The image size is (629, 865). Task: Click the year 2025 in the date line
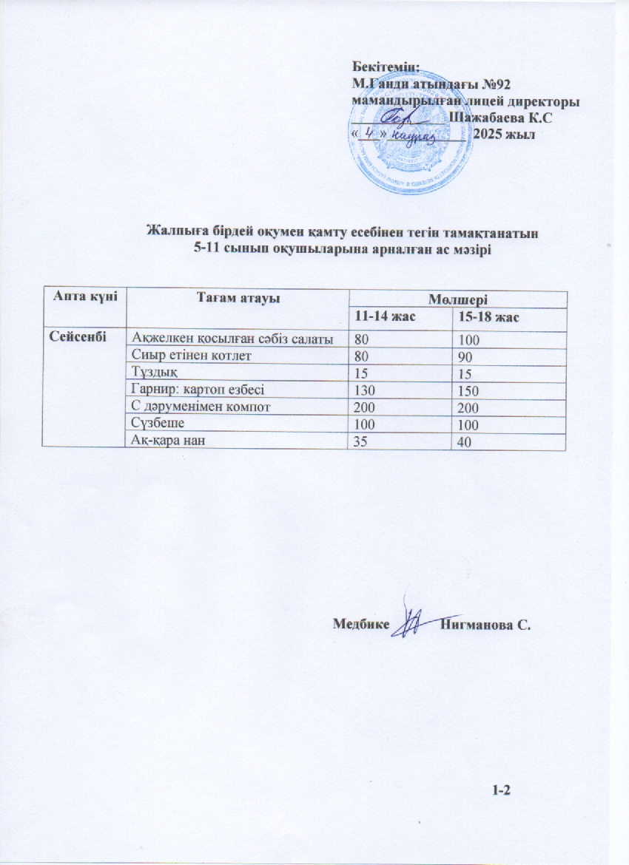click(x=490, y=135)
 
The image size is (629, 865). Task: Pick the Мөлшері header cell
click(x=457, y=300)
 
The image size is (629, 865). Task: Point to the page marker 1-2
click(x=502, y=791)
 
